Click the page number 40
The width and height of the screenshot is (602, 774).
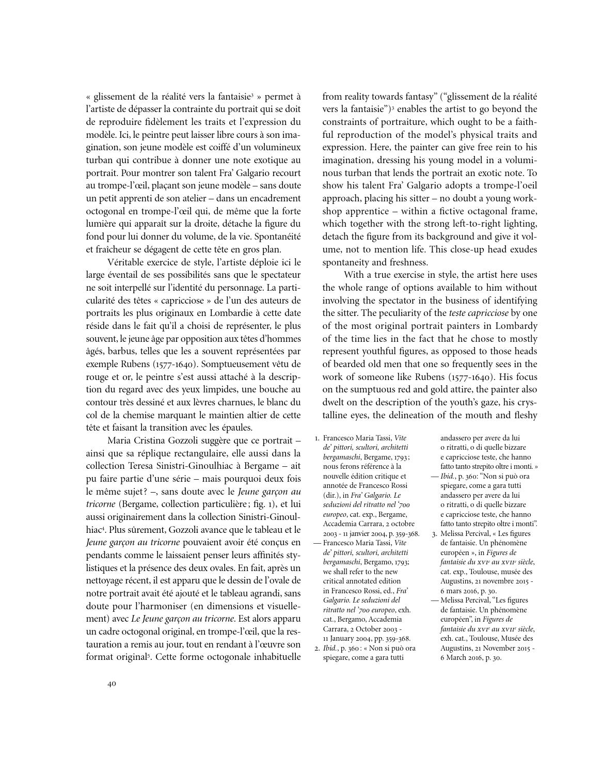click(112, 684)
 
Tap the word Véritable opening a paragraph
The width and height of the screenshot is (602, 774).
click(128, 262)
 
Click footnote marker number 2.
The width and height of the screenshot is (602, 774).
click(317, 648)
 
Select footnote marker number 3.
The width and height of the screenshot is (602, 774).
click(435, 533)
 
